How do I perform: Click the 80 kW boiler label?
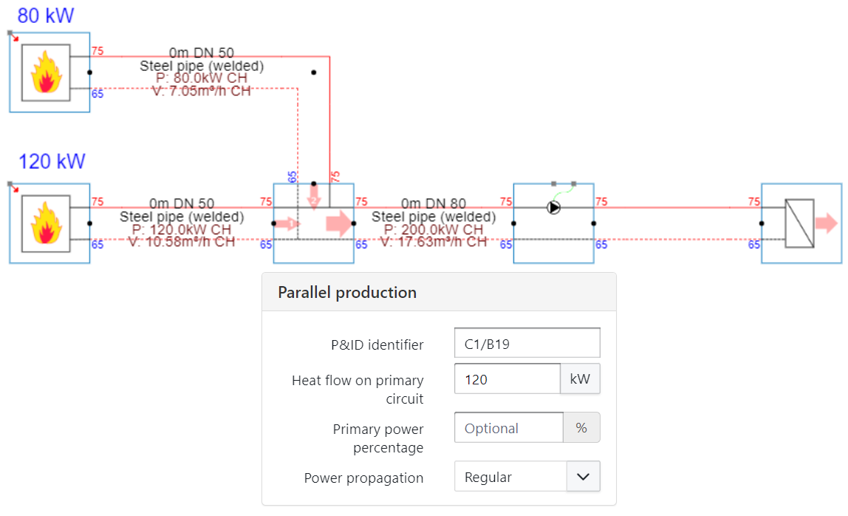click(x=46, y=15)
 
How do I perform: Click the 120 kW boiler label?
click(x=52, y=160)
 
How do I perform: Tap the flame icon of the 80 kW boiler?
click(x=46, y=72)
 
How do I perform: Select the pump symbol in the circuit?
click(x=554, y=208)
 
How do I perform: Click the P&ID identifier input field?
click(x=527, y=344)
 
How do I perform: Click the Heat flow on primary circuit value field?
click(x=507, y=379)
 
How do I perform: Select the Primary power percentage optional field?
click(x=508, y=428)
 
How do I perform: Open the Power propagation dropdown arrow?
click(x=583, y=477)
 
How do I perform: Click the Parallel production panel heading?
click(x=347, y=292)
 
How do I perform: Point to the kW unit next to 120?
click(x=580, y=379)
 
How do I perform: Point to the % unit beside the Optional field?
click(x=581, y=428)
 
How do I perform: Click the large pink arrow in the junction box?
click(x=339, y=223)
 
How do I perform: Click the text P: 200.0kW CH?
click(x=433, y=229)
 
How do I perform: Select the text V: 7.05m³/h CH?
click(x=201, y=91)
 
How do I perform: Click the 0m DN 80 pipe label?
click(x=434, y=203)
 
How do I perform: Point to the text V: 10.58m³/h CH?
click(x=182, y=241)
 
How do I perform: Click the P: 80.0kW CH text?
click(x=202, y=78)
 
